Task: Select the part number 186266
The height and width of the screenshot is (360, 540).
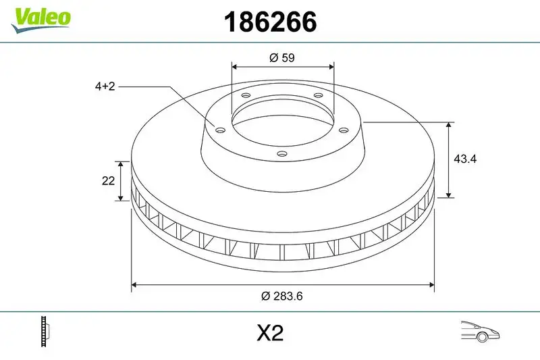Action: (270, 23)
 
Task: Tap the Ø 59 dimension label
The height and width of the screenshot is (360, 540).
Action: (282, 58)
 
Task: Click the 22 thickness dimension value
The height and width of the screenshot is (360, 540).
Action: (106, 180)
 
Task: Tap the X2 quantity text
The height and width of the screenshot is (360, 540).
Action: (270, 333)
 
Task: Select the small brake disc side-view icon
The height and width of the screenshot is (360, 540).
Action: (47, 332)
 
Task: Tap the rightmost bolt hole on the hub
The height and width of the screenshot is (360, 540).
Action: (342, 130)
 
